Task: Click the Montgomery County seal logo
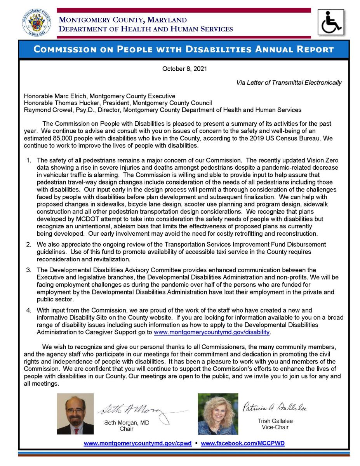point(35,23)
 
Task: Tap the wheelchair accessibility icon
point(331,23)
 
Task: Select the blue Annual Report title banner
point(184,49)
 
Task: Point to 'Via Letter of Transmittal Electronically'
point(289,82)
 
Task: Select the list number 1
point(29,160)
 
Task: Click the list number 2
point(29,244)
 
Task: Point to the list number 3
point(29,270)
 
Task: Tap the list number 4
point(29,310)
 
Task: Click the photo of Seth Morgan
point(75,414)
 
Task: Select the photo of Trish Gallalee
point(218,414)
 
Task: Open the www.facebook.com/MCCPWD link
point(243,443)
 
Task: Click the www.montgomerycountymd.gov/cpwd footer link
point(137,443)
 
